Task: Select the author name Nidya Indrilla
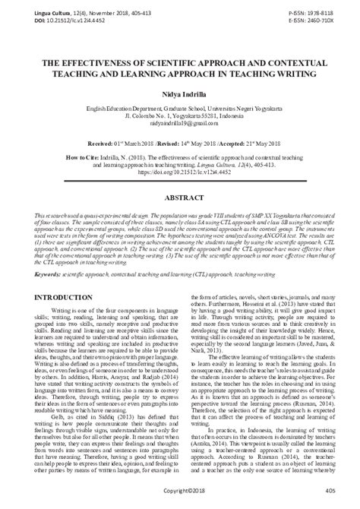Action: click(x=179, y=90)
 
